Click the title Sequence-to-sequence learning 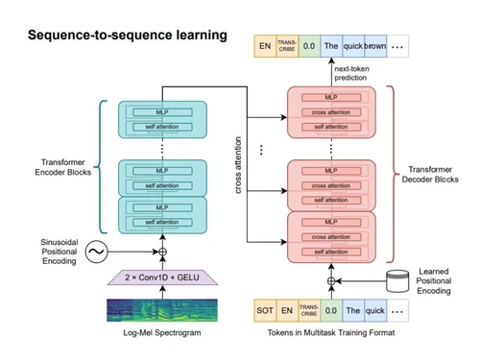point(127,36)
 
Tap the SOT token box point(266,310)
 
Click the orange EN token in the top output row point(264,44)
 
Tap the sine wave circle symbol point(97,252)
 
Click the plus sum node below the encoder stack point(161,252)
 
